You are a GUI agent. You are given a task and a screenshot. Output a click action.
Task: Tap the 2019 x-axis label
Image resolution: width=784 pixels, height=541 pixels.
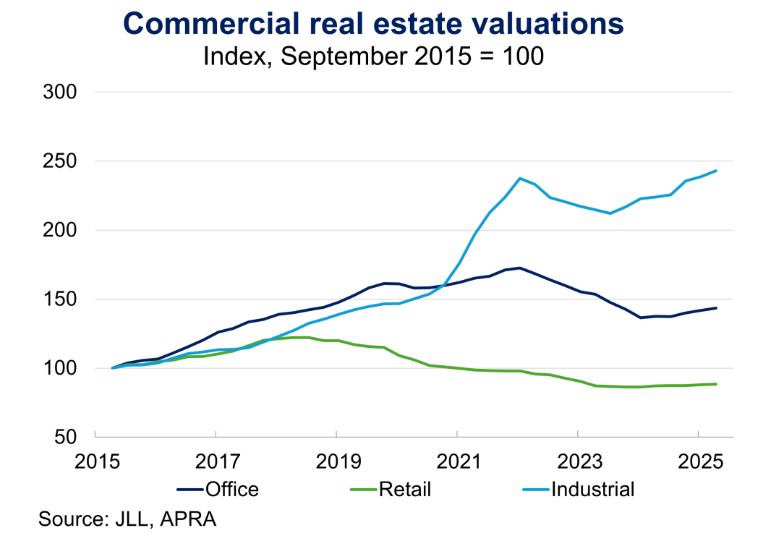[x=336, y=459]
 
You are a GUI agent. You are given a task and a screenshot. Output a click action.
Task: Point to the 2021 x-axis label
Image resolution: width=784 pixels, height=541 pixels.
[x=457, y=459]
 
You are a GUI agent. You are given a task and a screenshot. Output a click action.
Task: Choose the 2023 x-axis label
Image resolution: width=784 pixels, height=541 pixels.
[x=578, y=459]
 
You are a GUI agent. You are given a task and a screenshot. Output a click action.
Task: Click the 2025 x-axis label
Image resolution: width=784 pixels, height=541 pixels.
[x=698, y=459]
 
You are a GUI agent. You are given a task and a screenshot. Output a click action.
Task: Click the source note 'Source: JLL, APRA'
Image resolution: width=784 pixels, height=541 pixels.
[x=127, y=519]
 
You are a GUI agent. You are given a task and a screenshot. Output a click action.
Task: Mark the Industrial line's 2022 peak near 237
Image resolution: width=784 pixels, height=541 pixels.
[x=520, y=178]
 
